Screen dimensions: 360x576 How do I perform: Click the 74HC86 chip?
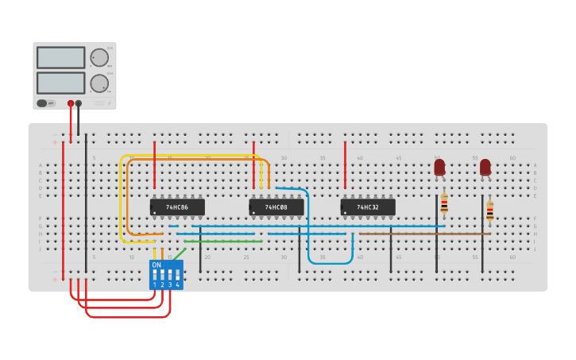click(x=177, y=207)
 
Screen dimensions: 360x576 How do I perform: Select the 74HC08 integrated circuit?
click(x=276, y=207)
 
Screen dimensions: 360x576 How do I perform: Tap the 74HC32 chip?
click(x=368, y=207)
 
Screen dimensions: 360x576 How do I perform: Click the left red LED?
click(x=439, y=168)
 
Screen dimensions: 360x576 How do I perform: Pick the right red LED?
click(x=485, y=168)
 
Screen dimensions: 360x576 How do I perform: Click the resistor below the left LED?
click(x=444, y=203)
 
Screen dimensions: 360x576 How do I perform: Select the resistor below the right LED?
click(x=489, y=211)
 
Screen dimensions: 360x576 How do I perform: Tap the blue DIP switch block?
click(x=166, y=275)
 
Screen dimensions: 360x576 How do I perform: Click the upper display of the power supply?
click(x=60, y=58)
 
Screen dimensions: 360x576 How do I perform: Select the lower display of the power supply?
click(x=60, y=83)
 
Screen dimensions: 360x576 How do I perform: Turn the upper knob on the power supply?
click(x=99, y=58)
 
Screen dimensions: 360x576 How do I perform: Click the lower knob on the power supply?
click(x=99, y=83)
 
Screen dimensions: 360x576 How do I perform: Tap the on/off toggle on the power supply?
click(x=47, y=103)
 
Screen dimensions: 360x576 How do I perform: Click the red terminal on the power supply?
click(x=71, y=103)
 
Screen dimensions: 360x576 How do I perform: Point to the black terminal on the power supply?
click(x=79, y=103)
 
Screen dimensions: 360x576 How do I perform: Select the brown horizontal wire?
click(x=421, y=234)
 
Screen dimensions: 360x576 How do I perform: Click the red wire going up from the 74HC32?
click(x=345, y=165)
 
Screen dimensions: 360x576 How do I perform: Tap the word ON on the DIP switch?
click(x=157, y=265)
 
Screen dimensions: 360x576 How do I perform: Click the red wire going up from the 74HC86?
click(x=154, y=165)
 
